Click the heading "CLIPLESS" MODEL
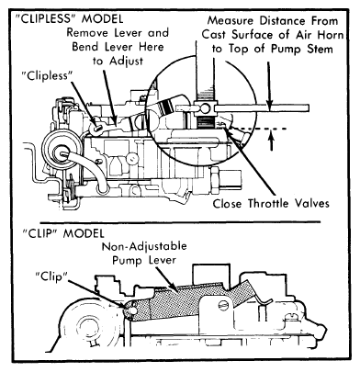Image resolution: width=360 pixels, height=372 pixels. (69, 18)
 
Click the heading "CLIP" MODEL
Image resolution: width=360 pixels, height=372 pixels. (63, 233)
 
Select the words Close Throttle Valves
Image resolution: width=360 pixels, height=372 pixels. (271, 203)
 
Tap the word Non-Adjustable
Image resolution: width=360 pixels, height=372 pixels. (144, 246)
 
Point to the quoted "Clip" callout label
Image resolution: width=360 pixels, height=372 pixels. (51, 276)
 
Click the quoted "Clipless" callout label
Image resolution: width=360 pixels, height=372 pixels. (47, 75)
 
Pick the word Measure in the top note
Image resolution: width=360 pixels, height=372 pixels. (231, 21)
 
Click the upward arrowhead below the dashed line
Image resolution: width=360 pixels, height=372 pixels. (272, 136)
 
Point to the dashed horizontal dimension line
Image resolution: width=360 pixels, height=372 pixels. (256, 129)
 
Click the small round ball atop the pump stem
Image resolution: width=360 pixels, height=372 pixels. (205, 107)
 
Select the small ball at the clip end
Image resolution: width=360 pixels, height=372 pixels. (132, 310)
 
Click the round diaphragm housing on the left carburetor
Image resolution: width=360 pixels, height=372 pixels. (62, 151)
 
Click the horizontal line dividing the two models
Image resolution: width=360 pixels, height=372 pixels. (180, 221)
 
